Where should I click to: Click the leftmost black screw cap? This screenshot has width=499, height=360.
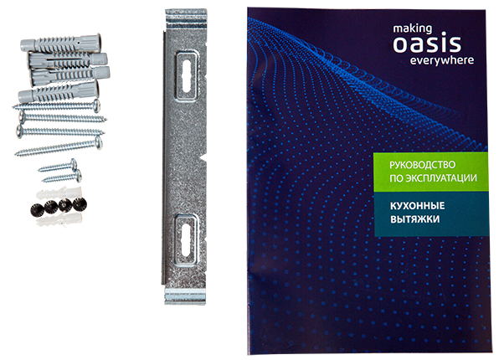[38, 205]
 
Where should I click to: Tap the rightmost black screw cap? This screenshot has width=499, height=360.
[80, 203]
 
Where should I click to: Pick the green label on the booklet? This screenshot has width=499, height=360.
[427, 171]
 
